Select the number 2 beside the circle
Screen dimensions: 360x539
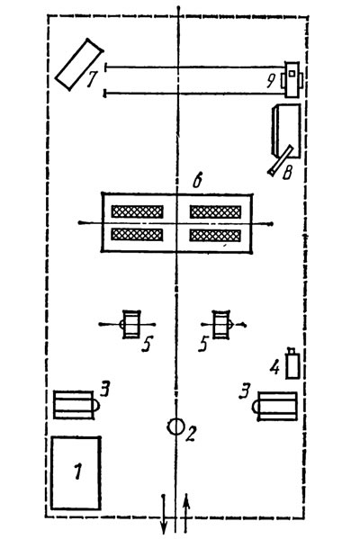tap(191, 434)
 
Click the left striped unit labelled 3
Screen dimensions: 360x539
tap(73, 405)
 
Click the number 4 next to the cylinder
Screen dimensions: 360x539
tap(274, 368)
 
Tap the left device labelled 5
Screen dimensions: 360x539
tap(131, 324)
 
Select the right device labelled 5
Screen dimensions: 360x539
tap(221, 324)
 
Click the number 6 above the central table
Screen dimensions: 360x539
tap(197, 181)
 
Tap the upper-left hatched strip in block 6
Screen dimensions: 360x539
tap(137, 211)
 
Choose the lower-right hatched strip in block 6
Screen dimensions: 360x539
tap(215, 235)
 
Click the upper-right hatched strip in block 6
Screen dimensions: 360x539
tap(215, 212)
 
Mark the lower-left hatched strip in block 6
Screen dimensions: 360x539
tap(137, 235)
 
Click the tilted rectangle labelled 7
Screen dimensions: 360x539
tap(79, 64)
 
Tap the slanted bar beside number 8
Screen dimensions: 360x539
tap(281, 160)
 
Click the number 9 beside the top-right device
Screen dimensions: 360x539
tap(271, 82)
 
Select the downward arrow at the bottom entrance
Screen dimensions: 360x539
tap(164, 514)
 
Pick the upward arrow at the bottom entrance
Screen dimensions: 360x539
tap(186, 512)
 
